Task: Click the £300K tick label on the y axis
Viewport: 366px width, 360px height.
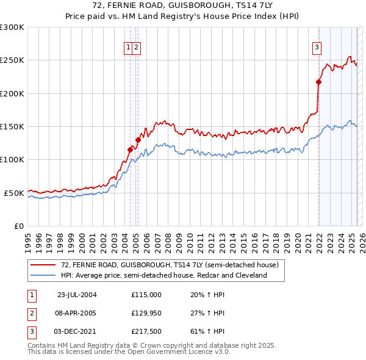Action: click(12, 27)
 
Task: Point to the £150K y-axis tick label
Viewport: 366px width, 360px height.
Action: click(12, 126)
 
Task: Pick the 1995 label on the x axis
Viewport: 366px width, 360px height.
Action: click(27, 237)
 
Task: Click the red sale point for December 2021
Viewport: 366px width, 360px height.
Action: click(318, 82)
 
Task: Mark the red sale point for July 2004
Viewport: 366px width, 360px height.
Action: click(130, 149)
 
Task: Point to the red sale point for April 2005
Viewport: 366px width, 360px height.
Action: click(138, 140)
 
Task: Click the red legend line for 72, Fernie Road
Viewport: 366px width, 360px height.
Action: click(43, 265)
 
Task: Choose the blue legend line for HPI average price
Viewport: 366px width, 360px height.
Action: click(43, 275)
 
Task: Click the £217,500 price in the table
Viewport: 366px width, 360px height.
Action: click(146, 331)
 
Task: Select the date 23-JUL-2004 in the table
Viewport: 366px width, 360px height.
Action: click(77, 295)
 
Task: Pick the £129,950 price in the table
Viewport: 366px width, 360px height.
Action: click(146, 313)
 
